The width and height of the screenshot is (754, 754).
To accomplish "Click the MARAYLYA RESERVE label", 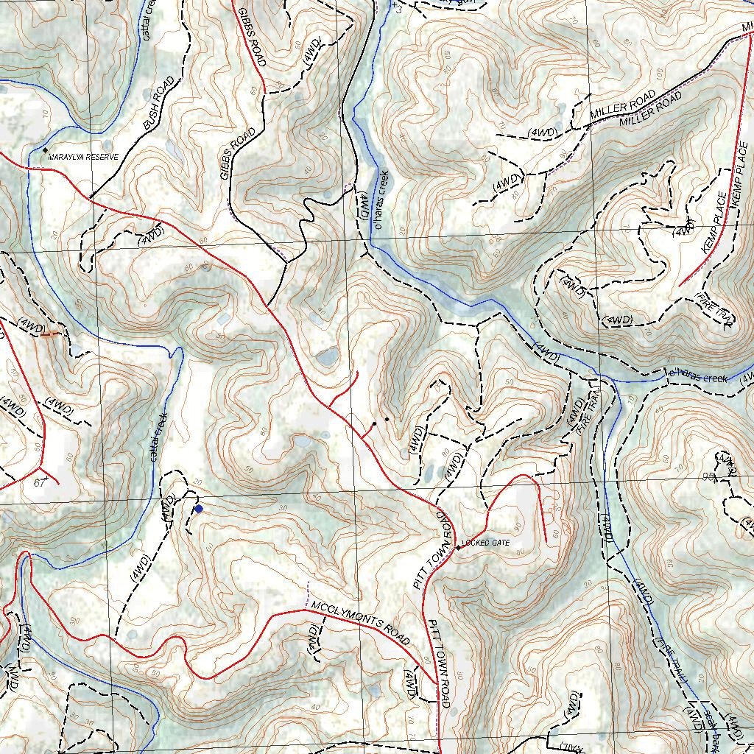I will pyautogui.click(x=83, y=157).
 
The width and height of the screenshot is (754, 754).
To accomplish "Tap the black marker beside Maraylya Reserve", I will pyautogui.click(x=45, y=150).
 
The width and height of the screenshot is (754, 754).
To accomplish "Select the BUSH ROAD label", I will pyautogui.click(x=158, y=104).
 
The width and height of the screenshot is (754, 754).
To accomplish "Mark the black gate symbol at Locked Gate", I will pyautogui.click(x=458, y=547).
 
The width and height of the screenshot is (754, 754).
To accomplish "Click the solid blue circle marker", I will pyautogui.click(x=198, y=508).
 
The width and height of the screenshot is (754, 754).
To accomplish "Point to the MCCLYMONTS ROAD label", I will pyautogui.click(x=359, y=623).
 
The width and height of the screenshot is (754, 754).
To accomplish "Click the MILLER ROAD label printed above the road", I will pyautogui.click(x=622, y=105).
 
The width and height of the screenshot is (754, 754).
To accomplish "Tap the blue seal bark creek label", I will pyautogui.click(x=710, y=725).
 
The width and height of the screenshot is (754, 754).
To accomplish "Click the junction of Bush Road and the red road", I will pyautogui.click(x=89, y=197).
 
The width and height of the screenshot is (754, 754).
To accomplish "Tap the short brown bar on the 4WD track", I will pyautogui.click(x=50, y=334).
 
